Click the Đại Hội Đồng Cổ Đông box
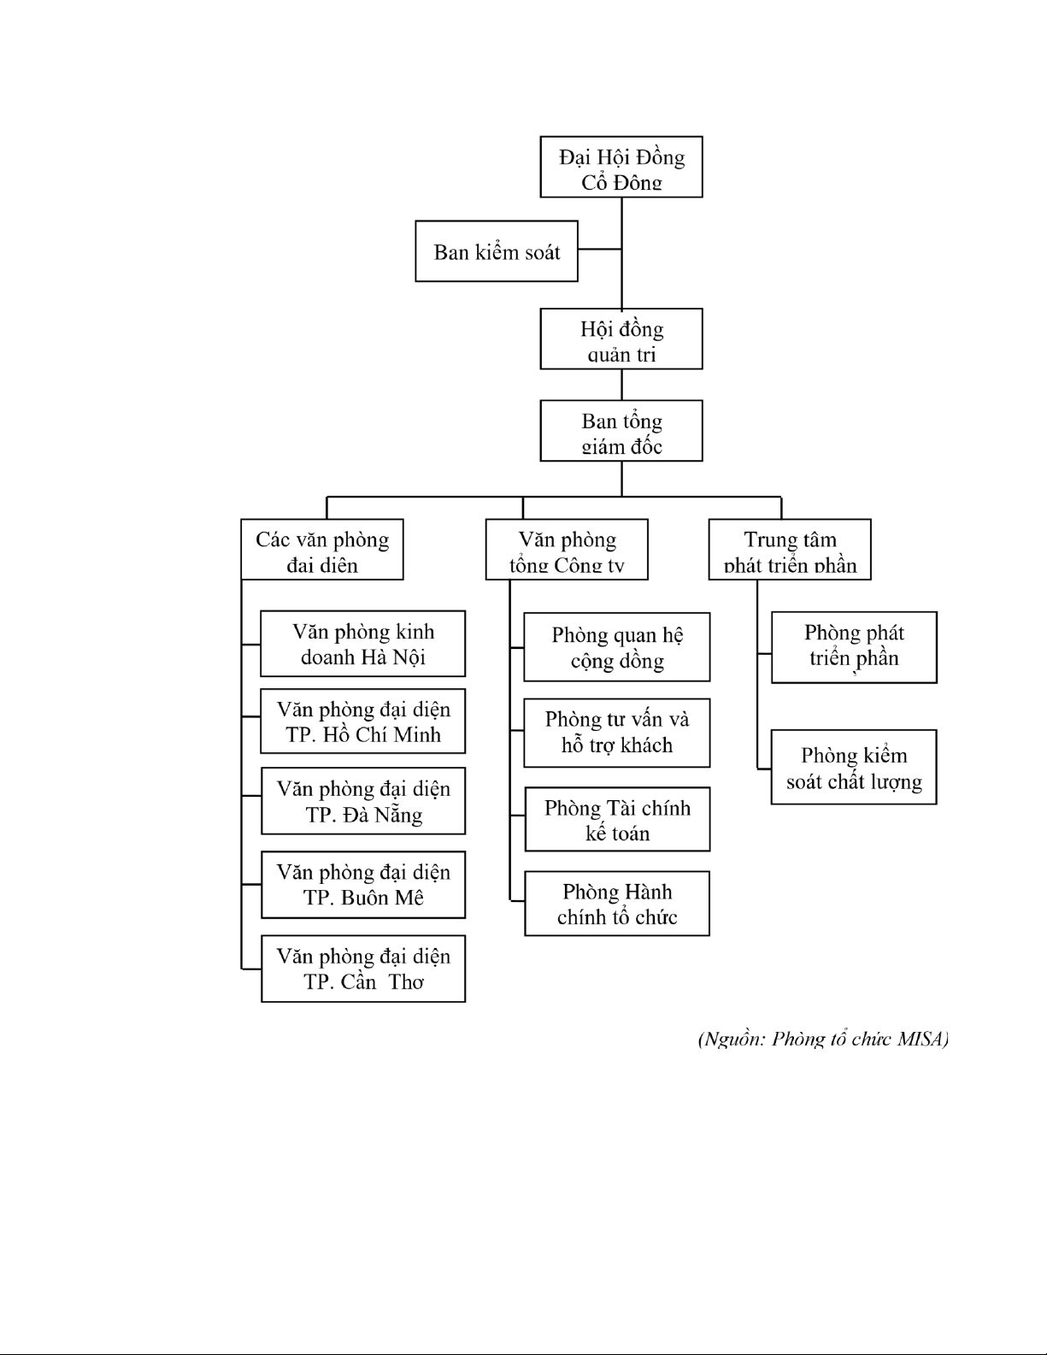pos(621,167)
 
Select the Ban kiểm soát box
pos(497,251)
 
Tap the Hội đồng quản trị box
pos(621,339)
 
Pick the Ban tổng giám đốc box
pos(621,431)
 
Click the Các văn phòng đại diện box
pos(322,550)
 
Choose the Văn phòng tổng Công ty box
pos(567,550)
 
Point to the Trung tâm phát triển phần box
pos(790,550)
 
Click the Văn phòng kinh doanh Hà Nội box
pos(363,644)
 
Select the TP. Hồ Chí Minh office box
pos(363,722)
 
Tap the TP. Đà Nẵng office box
pos(363,802)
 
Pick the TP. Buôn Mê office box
pos(363,885)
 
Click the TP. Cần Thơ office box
pos(363,969)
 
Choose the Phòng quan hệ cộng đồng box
pos(617,647)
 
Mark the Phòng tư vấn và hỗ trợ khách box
pos(617,733)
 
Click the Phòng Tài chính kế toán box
pos(617,820)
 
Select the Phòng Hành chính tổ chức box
pos(617,904)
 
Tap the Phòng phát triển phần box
pos(854,647)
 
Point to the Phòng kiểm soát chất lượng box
pos(854,767)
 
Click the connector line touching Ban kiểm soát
pos(599,250)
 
